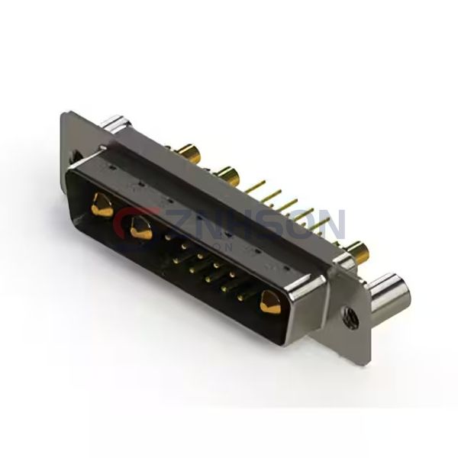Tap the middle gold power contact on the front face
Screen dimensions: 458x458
coord(138,227)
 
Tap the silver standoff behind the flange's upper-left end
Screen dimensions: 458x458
coord(118,124)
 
